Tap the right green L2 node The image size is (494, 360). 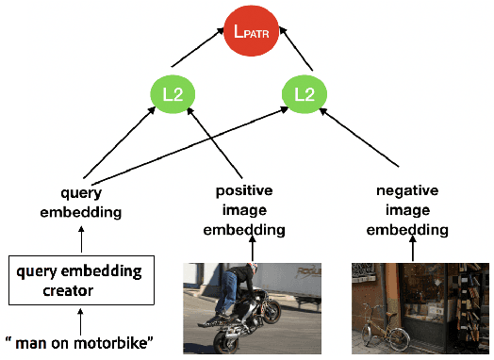pos(305,94)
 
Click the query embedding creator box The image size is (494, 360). pos(81,280)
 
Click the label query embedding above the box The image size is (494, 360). pos(81,204)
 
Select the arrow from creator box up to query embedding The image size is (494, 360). pos(82,238)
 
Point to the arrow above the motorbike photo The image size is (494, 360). pos(253,250)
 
